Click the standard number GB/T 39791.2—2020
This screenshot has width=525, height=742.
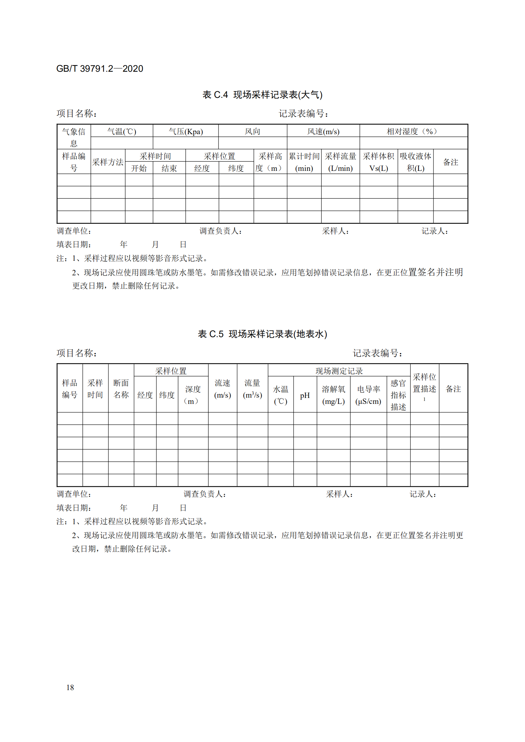click(100, 69)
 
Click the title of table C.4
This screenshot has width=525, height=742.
click(262, 95)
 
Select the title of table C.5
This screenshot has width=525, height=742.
click(262, 334)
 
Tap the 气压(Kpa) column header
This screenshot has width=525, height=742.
click(185, 132)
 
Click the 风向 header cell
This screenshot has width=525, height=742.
click(252, 132)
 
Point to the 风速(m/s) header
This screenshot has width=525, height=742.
click(323, 132)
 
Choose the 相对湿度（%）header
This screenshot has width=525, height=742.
click(413, 132)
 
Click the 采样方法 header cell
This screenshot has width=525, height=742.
click(108, 162)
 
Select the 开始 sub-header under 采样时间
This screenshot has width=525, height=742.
click(139, 169)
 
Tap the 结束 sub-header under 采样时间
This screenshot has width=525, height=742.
click(169, 169)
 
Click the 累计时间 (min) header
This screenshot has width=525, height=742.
click(304, 162)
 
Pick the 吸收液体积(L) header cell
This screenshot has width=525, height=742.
click(415, 162)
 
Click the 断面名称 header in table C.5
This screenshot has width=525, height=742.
click(121, 389)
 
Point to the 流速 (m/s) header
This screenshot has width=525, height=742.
click(222, 389)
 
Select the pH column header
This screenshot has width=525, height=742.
click(304, 395)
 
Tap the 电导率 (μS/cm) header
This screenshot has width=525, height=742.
click(368, 395)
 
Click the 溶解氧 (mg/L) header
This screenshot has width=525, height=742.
click(333, 395)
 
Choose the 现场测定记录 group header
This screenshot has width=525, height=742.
click(339, 371)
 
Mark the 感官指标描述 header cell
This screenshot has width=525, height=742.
click(398, 395)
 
